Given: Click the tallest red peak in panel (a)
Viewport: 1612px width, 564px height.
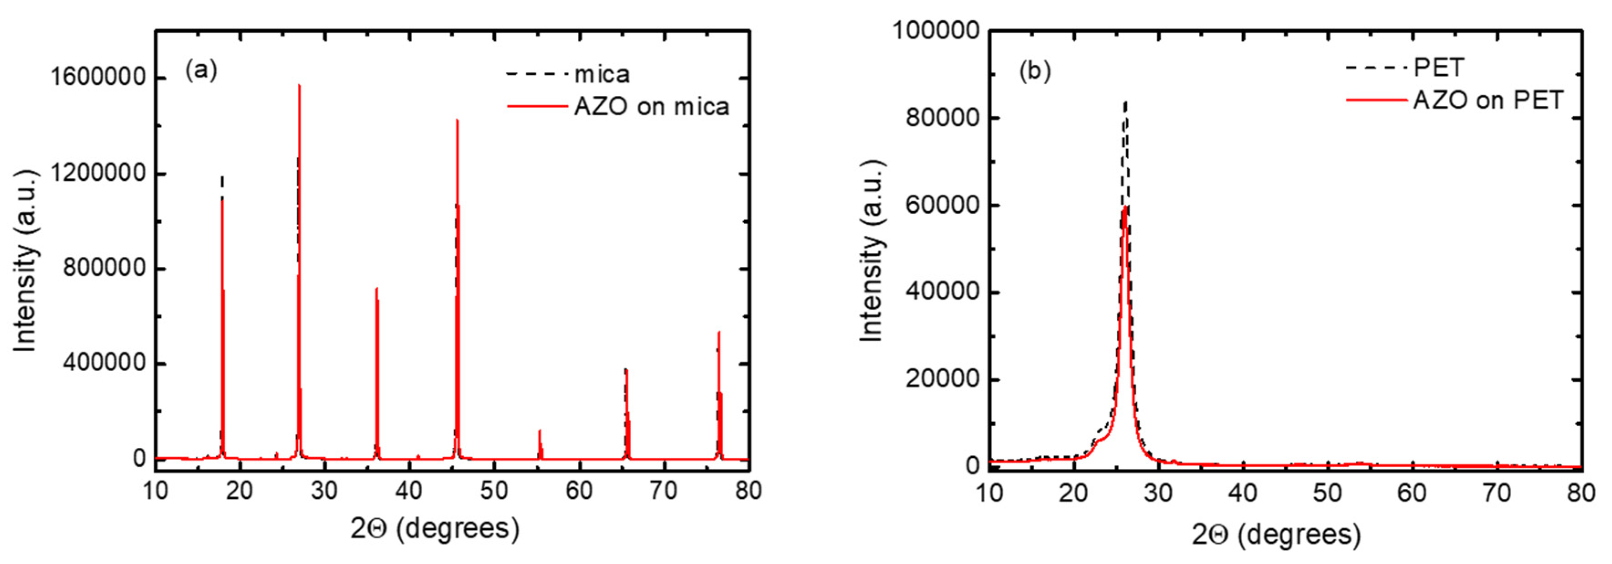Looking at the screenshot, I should [299, 88].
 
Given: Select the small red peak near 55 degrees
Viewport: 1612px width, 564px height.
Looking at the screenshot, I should [539, 432].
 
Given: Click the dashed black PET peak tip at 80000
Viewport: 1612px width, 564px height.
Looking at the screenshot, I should [1126, 103].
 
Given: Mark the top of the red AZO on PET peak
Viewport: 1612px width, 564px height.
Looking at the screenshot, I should [1125, 208].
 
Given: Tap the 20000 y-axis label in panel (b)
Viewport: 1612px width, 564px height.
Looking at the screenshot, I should [942, 379].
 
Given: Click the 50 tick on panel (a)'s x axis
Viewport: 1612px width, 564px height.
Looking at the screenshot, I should [494, 490].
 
